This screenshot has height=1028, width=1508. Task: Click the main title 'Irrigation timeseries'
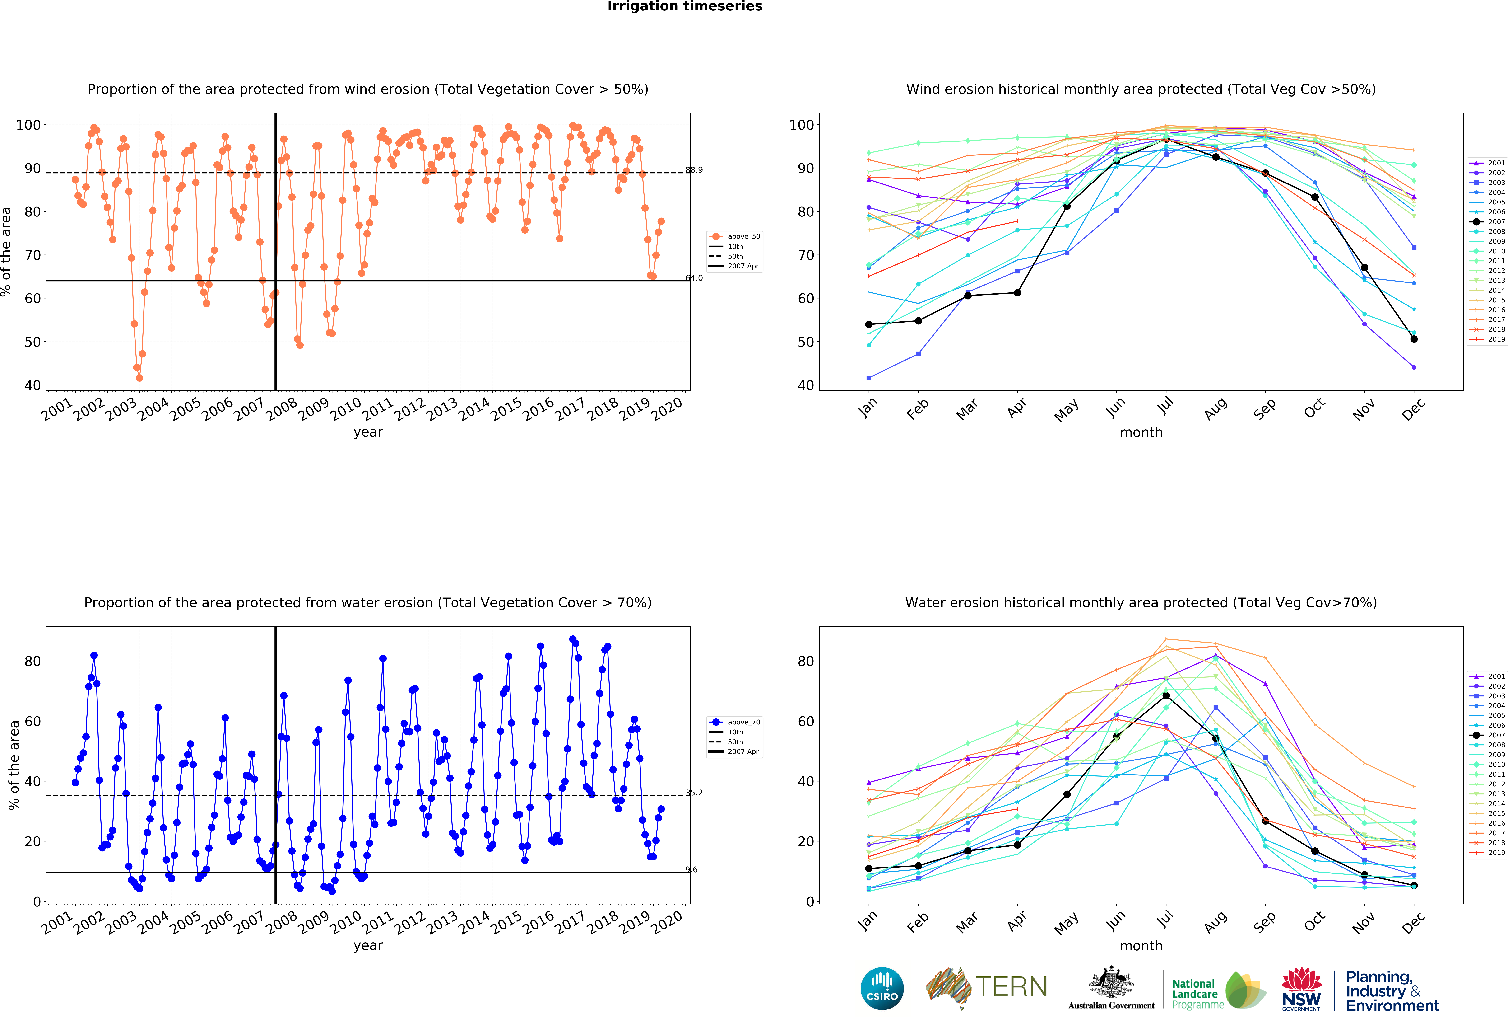685,6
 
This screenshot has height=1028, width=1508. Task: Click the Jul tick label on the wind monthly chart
1165,406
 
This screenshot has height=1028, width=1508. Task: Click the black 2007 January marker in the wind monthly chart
869,324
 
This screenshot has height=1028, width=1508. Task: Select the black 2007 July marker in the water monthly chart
1166,696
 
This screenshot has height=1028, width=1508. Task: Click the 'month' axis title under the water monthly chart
1141,946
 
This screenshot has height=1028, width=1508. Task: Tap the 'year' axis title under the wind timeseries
368,432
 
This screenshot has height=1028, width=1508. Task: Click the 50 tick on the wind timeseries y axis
32,342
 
